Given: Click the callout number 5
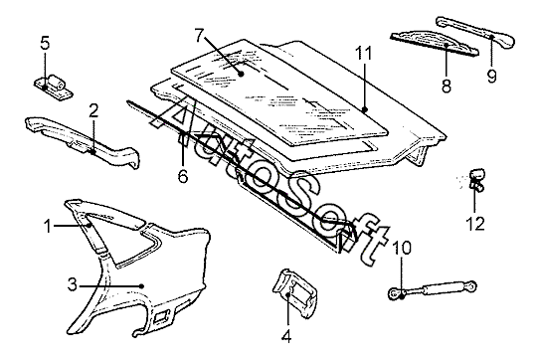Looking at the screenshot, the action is point(45,43).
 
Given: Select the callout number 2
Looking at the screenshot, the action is point(93,110).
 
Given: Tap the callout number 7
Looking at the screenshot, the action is point(200,35).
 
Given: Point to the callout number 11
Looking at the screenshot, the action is point(364,54).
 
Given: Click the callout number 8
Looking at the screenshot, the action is point(447,85).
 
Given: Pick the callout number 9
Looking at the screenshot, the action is point(492,76).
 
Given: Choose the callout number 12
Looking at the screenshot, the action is point(475,223).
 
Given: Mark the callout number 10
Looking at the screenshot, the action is point(402,248).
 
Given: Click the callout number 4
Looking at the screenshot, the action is point(286,335).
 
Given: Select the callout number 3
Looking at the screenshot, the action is point(72,284).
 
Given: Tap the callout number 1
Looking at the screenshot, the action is point(48,227).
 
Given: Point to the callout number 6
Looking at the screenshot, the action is point(183,176).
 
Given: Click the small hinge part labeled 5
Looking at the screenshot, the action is point(54,88).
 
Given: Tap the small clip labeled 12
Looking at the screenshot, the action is point(476,179).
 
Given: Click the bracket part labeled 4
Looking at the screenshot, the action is point(295,293).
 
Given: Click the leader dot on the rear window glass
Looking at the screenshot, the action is point(241,74).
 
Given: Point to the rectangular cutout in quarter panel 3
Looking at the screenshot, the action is point(161,316).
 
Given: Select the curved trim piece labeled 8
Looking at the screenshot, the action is point(435,44).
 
